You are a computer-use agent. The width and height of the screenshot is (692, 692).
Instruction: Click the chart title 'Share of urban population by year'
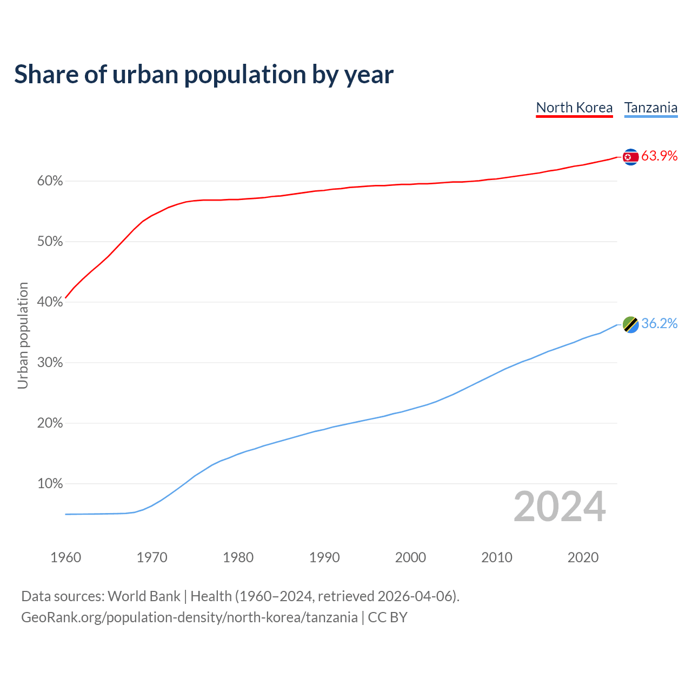(204, 75)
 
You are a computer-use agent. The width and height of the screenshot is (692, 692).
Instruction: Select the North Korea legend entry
(574, 108)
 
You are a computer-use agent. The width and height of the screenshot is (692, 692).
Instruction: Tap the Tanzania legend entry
(651, 108)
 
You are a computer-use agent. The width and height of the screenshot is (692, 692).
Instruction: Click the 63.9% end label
(659, 156)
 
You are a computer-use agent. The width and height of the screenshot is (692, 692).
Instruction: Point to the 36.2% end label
(659, 324)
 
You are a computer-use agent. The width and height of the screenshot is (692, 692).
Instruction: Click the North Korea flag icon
(630, 157)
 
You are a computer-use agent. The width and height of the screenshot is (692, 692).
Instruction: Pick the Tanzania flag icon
(630, 324)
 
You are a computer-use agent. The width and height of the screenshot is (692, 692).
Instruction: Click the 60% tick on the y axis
(50, 181)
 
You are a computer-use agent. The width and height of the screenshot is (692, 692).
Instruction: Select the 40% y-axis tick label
(50, 302)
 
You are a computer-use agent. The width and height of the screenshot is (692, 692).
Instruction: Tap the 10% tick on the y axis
(50, 484)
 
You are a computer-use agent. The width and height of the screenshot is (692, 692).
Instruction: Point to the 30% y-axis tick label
(50, 363)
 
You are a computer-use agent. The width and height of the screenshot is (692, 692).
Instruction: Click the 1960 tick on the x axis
(65, 557)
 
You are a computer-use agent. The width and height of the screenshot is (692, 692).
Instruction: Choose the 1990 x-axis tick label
(324, 557)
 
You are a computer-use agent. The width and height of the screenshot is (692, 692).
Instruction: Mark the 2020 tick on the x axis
(583, 557)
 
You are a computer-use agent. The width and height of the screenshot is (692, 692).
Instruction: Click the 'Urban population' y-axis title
(23, 335)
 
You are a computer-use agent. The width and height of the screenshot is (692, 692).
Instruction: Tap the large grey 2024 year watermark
(560, 507)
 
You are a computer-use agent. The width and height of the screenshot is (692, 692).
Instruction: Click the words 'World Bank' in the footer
(144, 596)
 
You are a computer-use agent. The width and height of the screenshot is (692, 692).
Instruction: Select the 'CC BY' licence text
(388, 617)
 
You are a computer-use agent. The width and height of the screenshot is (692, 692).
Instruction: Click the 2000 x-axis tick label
(410, 557)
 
